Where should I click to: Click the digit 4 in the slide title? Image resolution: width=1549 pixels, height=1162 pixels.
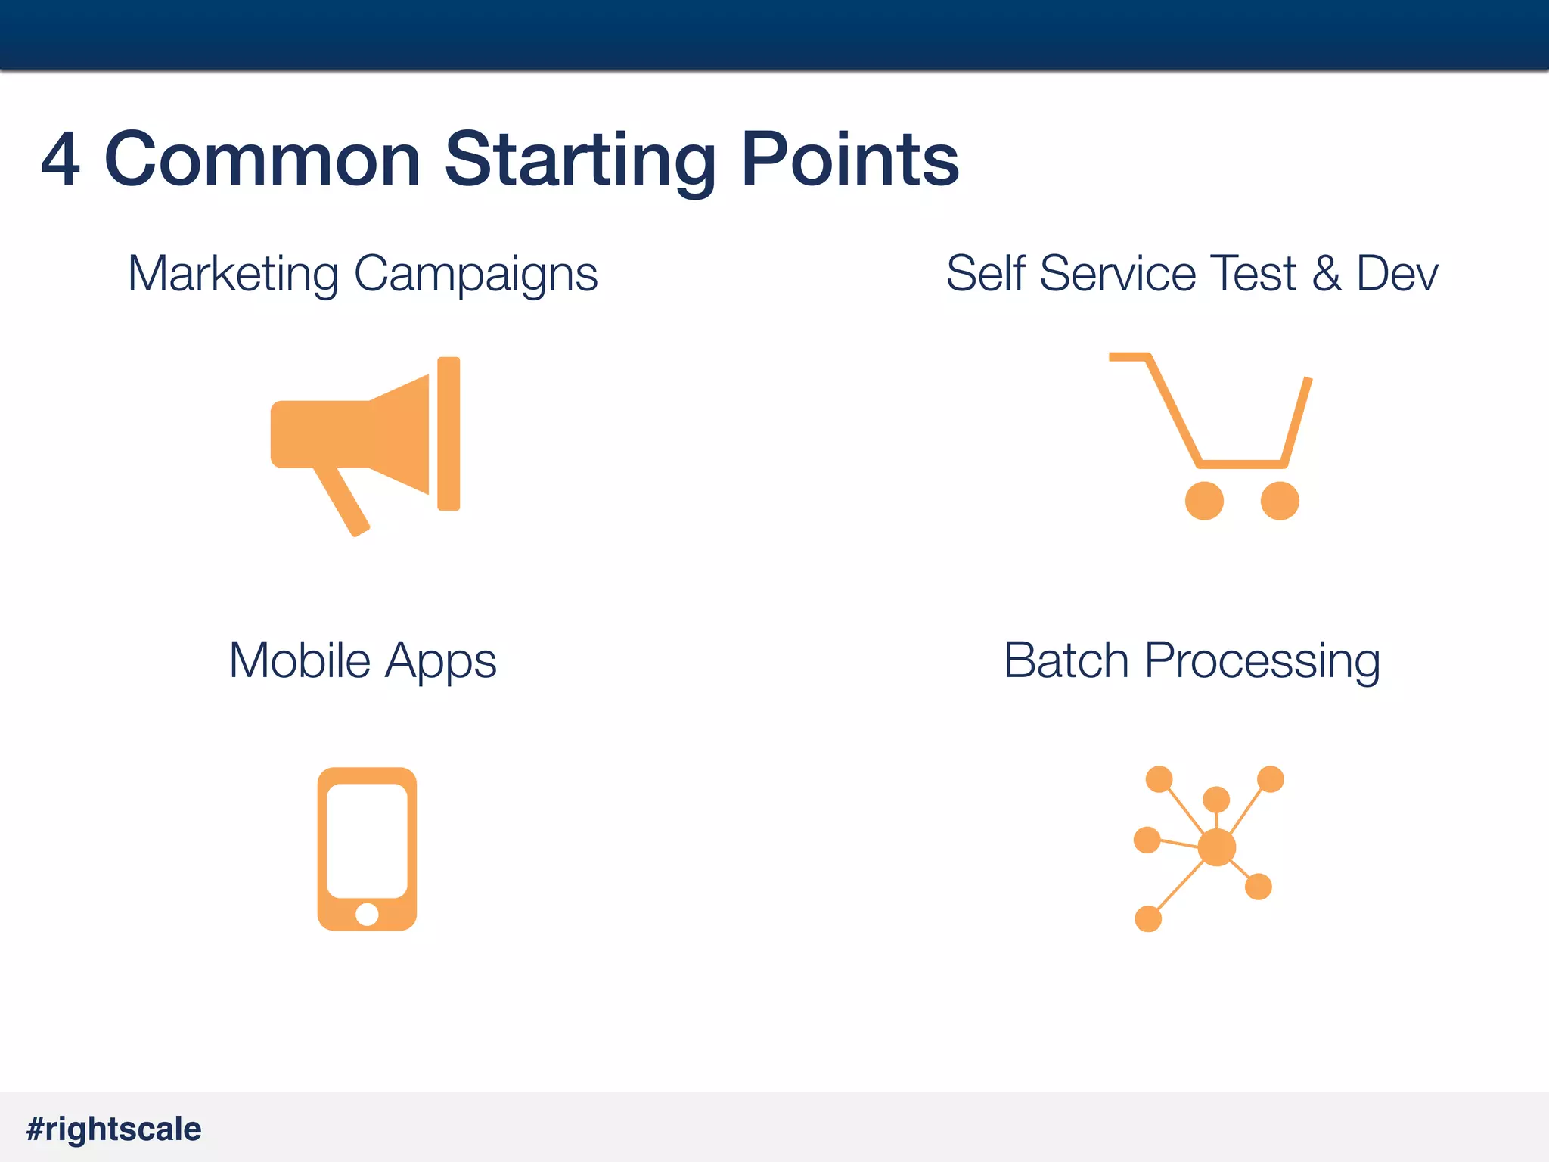click(61, 160)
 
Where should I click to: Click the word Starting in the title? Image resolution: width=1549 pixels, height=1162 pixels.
click(579, 160)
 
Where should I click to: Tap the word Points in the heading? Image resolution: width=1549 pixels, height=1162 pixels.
click(850, 160)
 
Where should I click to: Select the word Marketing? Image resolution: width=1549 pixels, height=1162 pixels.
click(233, 274)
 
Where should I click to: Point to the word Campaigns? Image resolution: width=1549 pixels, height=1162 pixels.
click(476, 274)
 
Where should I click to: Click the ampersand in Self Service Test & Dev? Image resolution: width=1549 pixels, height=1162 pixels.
click(1327, 274)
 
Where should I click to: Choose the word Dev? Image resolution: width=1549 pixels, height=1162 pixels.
click(1397, 274)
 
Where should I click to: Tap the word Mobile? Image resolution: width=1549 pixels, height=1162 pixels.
click(300, 660)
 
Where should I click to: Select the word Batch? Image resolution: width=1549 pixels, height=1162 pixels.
click(1066, 660)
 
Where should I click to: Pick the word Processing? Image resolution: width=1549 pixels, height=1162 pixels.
click(1262, 662)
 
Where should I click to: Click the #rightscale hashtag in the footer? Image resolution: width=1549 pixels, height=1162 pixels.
click(114, 1129)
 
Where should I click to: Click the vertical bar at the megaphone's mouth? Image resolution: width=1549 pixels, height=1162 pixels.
click(449, 433)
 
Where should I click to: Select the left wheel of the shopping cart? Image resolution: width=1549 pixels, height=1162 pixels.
click(1204, 501)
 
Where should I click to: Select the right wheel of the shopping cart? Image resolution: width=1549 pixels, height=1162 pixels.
click(1280, 501)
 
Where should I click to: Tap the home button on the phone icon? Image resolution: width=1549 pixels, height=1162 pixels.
click(367, 915)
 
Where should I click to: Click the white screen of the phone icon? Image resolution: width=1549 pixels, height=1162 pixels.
click(367, 840)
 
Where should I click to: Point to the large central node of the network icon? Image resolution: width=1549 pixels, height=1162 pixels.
click(1217, 847)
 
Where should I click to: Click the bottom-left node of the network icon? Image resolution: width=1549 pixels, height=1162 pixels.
click(1148, 918)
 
